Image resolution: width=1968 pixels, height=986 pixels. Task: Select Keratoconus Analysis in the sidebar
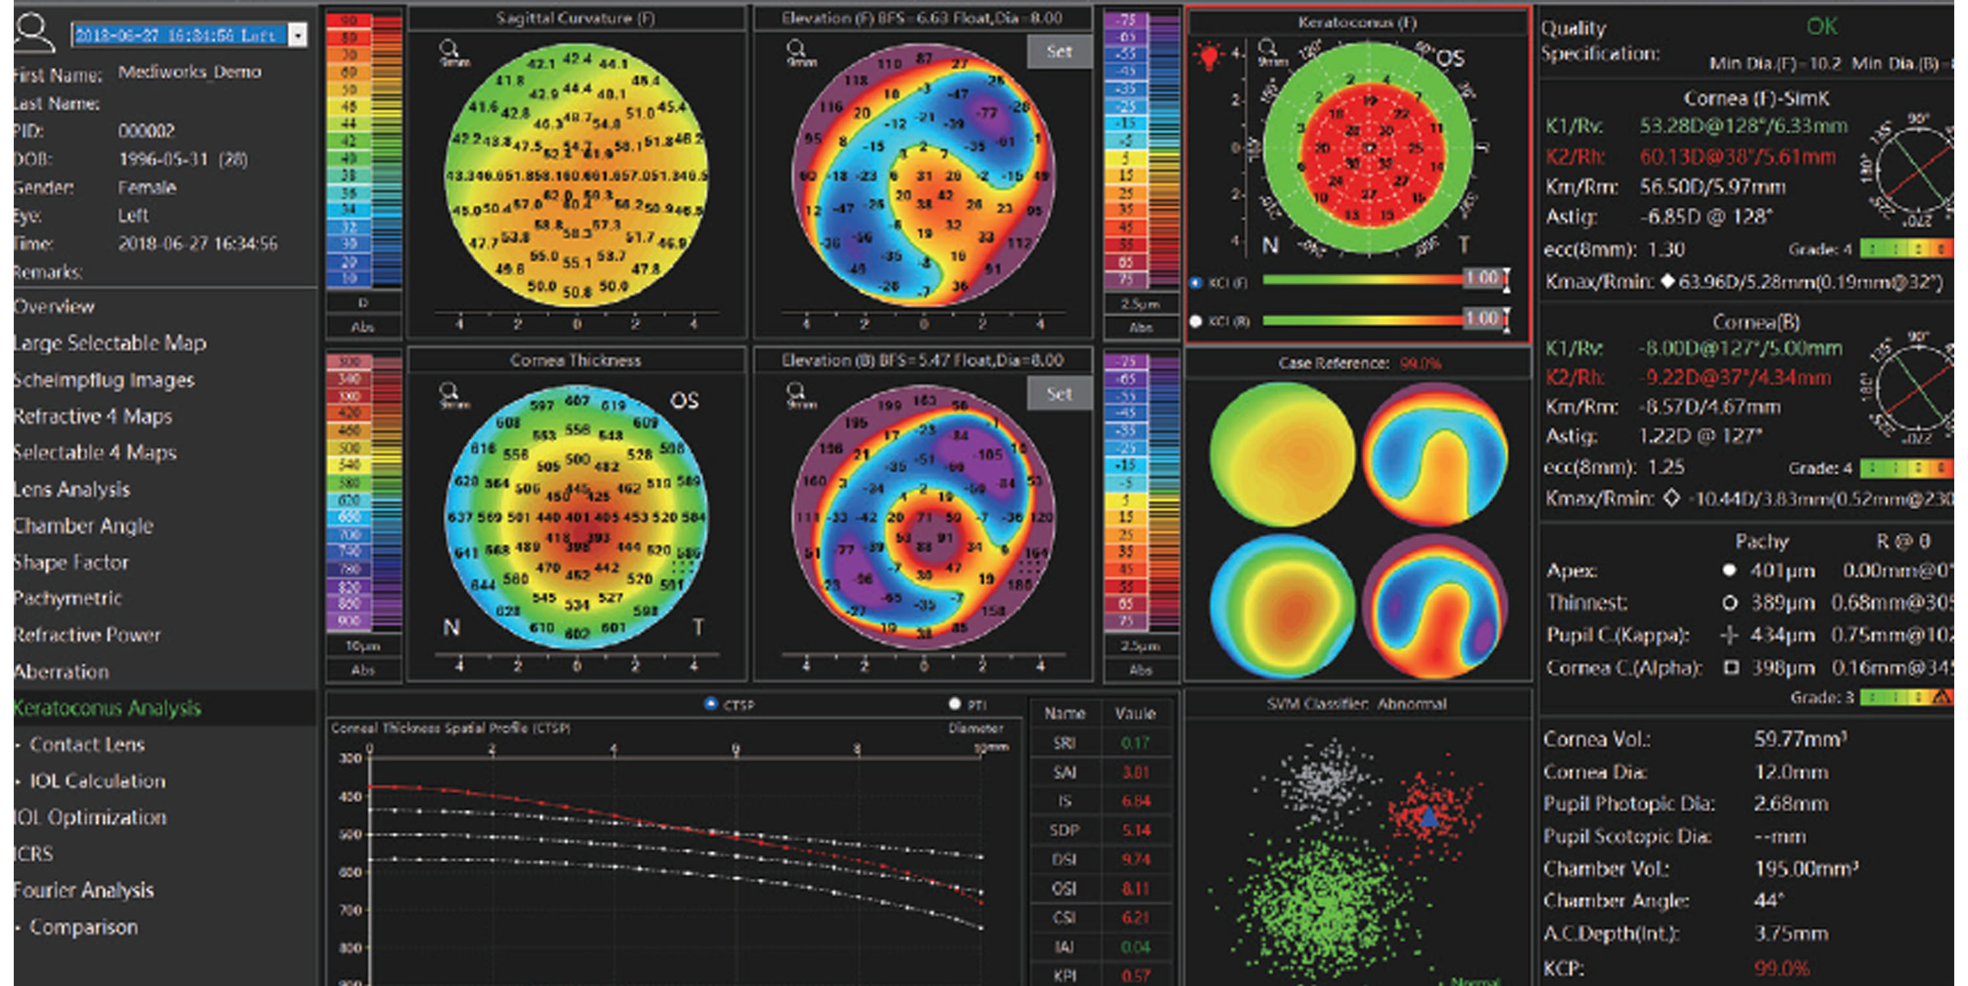[x=107, y=708]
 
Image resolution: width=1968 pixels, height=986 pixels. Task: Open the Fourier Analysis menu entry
[x=84, y=890]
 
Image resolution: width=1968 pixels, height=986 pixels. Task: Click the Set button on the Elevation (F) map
[x=1059, y=52]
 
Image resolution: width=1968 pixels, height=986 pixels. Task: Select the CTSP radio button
[x=710, y=703]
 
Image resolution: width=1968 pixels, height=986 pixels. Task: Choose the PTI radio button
[x=954, y=703]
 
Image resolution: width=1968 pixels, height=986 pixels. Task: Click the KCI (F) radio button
[x=1197, y=283]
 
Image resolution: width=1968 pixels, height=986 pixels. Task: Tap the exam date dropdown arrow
[x=298, y=35]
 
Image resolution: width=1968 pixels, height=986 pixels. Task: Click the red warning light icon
[x=1208, y=56]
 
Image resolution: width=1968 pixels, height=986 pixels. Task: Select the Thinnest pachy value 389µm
[x=1782, y=603]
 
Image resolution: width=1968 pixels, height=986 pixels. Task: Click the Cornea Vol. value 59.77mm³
[x=1800, y=739]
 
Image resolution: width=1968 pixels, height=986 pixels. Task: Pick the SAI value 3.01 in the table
[x=1136, y=772]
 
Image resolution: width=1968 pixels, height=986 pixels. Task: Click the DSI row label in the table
[x=1063, y=859]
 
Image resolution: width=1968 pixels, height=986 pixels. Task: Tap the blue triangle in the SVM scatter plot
[x=1428, y=817]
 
